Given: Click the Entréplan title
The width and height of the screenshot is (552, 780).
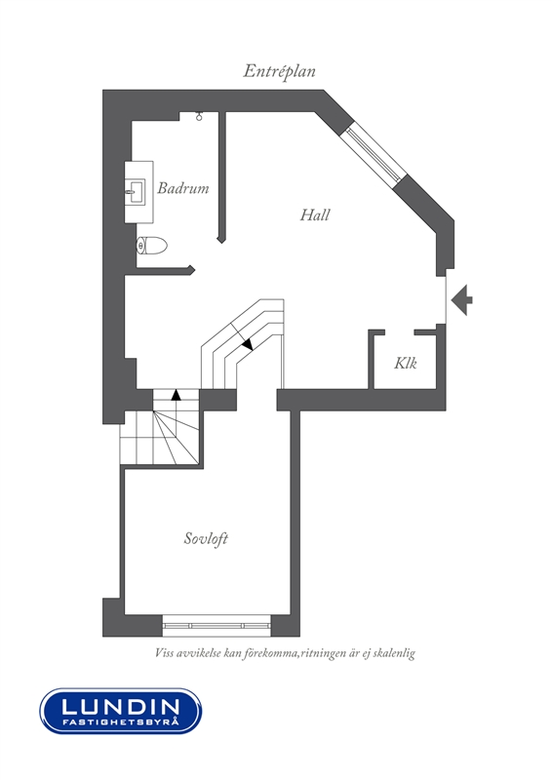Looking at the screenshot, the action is click(279, 71).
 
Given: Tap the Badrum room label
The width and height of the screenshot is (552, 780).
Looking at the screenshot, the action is click(183, 188).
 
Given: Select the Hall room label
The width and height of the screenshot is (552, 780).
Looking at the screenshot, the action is click(315, 214).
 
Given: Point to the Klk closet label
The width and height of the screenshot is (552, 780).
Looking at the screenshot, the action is click(406, 363).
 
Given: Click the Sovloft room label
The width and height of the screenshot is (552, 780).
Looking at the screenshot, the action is click(206, 539).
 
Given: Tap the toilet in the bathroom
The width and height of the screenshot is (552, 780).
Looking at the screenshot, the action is click(152, 246).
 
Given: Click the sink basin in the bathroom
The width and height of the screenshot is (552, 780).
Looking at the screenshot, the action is click(135, 191).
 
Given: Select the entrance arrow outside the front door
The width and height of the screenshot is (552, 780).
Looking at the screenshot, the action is click(461, 300).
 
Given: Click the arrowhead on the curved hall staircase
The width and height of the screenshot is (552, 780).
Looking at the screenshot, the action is click(248, 344).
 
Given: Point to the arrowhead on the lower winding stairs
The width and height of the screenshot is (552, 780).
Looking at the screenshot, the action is click(176, 395).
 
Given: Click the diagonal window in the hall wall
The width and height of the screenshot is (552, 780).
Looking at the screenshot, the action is click(375, 154).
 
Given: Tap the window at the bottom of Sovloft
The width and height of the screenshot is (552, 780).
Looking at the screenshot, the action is click(217, 626).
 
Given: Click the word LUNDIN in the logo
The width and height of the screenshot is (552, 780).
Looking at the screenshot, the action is click(121, 706).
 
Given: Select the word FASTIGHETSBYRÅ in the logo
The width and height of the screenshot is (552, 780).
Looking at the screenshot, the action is click(121, 721).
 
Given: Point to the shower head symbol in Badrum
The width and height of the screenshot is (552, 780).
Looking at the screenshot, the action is click(199, 116).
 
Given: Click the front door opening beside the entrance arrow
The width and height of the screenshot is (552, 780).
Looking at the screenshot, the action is click(446, 297).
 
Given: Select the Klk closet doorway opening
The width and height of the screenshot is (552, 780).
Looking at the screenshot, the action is click(400, 331).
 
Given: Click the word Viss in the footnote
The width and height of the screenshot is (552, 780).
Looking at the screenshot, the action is click(164, 653).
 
